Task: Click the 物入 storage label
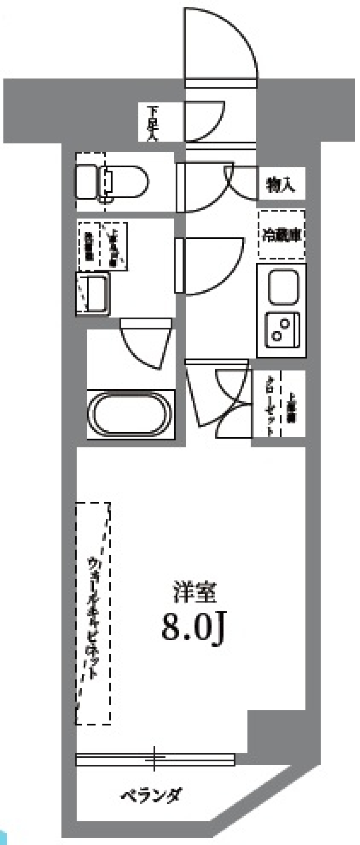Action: pyautogui.click(x=281, y=185)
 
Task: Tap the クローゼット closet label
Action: pyautogui.click(x=270, y=405)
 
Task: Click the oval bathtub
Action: pyautogui.click(x=130, y=414)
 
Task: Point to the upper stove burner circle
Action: pyautogui.click(x=285, y=323)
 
